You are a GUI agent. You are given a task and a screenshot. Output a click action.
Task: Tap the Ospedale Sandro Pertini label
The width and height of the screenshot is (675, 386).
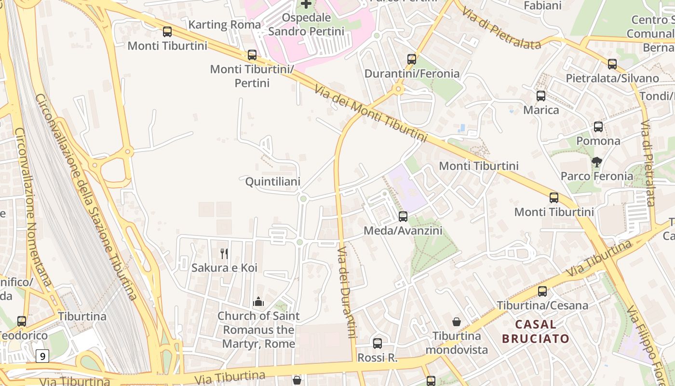[x=306, y=25]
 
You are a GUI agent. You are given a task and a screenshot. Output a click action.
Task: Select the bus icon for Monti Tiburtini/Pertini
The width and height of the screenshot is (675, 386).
[x=252, y=55]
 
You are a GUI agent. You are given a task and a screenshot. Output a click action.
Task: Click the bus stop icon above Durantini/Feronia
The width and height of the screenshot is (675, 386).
[x=412, y=59]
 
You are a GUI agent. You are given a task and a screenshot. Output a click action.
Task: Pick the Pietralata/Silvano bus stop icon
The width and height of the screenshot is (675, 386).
[x=612, y=64]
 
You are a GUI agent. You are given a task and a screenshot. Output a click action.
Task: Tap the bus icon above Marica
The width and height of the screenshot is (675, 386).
[x=541, y=96]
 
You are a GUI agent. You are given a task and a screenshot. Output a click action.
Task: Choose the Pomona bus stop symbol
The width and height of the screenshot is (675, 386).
[x=598, y=127]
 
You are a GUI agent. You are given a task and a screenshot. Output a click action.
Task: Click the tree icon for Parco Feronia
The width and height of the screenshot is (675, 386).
[x=597, y=162]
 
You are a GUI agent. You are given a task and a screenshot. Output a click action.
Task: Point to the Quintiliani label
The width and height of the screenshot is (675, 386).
[x=273, y=182]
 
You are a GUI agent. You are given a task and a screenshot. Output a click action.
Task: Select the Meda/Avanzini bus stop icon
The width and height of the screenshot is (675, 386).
[x=403, y=217]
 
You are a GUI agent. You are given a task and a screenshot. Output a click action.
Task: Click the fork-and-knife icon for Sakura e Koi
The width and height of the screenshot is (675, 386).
[x=224, y=253]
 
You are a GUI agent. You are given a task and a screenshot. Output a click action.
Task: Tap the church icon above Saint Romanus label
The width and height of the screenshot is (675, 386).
[x=258, y=302]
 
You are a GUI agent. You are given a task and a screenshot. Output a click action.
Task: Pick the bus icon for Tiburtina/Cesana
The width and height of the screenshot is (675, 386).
[x=542, y=291]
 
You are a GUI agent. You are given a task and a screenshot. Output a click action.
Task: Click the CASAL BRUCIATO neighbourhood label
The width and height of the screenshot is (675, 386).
[x=536, y=331]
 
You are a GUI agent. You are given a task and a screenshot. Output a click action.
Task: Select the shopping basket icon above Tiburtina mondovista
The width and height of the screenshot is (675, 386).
[x=456, y=322]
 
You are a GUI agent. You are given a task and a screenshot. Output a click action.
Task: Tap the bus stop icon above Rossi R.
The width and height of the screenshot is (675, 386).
[x=378, y=344]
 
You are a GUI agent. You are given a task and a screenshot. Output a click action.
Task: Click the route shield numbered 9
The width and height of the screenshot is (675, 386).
[x=43, y=357]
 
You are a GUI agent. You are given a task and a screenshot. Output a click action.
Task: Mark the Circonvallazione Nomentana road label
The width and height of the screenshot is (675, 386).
[x=33, y=207]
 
